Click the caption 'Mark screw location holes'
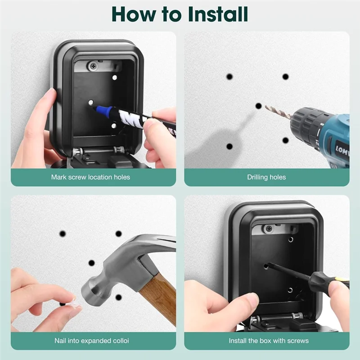[90, 177]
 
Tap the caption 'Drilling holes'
[266, 177]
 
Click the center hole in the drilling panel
[258, 106]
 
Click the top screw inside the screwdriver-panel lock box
[269, 229]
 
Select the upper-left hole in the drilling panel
[229, 76]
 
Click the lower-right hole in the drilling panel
[285, 140]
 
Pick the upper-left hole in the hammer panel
[63, 234]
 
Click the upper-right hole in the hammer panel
[118, 234]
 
